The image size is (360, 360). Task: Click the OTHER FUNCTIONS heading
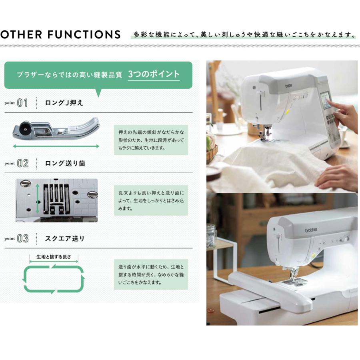(60, 34)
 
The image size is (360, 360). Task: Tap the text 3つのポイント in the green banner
(154, 74)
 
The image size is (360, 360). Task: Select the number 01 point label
(22, 103)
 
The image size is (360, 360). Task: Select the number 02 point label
(22, 163)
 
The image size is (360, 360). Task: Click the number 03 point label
(22, 239)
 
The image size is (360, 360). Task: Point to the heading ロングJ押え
(64, 103)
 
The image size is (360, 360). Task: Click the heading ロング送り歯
(65, 163)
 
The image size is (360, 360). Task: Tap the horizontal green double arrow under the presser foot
(56, 146)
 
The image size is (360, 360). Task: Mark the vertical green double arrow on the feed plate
(38, 199)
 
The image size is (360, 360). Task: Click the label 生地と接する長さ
(54, 257)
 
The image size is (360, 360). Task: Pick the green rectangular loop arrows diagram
(54, 278)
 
